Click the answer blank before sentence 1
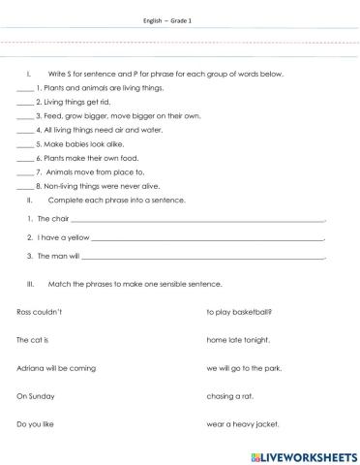pyautogui.click(x=25, y=87)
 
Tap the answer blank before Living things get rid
pyautogui.click(x=25, y=101)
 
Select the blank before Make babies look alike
pyautogui.click(x=25, y=143)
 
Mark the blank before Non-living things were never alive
pyautogui.click(x=25, y=186)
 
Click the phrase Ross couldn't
pyautogui.click(x=40, y=312)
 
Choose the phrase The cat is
pyautogui.click(x=33, y=340)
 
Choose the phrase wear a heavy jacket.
pyautogui.click(x=238, y=423)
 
